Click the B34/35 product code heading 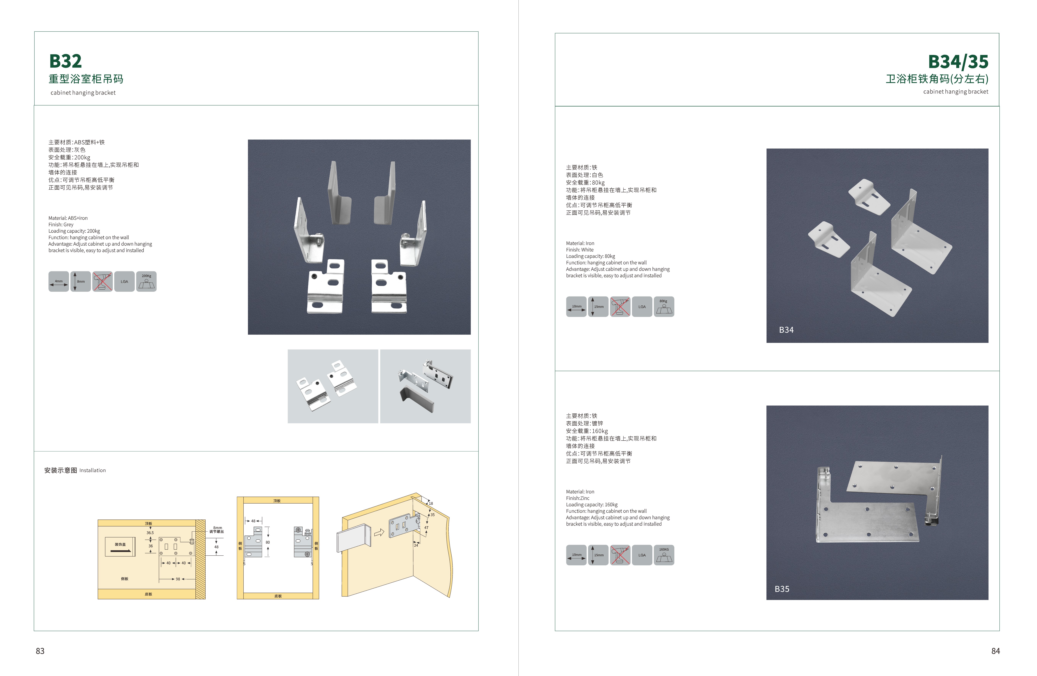click(958, 62)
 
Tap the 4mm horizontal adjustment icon click(58, 281)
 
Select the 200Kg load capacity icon click(146, 281)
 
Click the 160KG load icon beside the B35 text click(664, 555)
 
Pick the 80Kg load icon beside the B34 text click(664, 307)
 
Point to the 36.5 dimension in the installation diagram click(150, 533)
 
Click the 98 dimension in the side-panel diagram click(178, 579)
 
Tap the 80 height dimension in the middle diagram click(268, 542)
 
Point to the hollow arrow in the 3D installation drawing click(379, 532)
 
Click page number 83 click(40, 651)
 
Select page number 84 click(996, 651)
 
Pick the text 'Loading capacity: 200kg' click(74, 231)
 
